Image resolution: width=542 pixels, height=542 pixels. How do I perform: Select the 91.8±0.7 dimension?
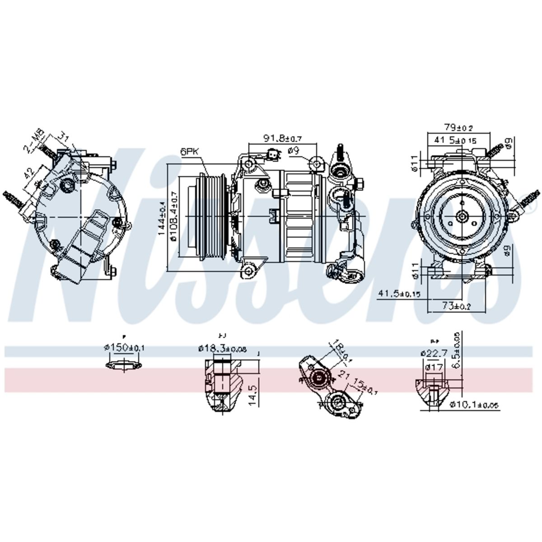(x=282, y=138)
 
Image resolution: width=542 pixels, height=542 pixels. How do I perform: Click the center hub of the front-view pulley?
(x=462, y=216)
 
